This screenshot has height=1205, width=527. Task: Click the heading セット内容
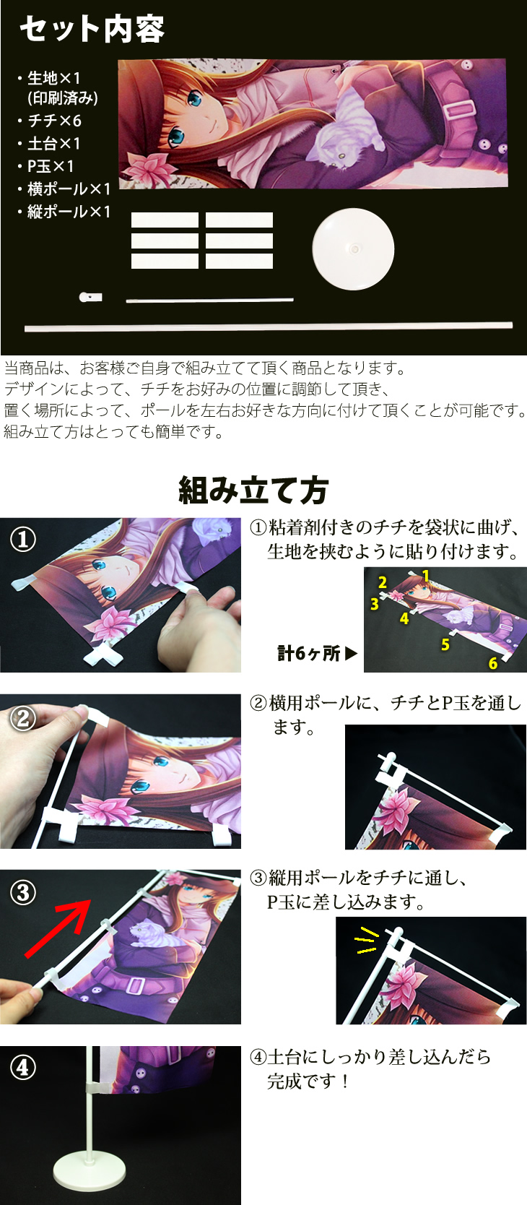tap(92, 29)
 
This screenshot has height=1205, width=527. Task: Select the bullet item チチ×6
tap(54, 121)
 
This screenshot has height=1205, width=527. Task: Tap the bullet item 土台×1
tap(53, 143)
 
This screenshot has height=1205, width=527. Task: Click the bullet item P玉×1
tap(51, 166)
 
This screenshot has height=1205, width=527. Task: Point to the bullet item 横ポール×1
tap(69, 189)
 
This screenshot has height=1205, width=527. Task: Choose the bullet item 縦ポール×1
tap(69, 212)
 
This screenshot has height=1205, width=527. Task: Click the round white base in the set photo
tap(353, 249)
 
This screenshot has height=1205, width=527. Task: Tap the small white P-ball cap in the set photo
tap(90, 297)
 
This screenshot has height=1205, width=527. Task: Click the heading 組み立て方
tap(253, 491)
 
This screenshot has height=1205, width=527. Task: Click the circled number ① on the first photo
tap(23, 539)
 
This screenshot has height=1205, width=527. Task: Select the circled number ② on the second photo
tap(23, 717)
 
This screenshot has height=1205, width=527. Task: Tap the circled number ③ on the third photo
tap(23, 892)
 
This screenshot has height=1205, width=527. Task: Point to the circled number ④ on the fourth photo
tap(23, 1067)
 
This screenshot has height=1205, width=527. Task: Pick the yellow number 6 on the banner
tap(493, 663)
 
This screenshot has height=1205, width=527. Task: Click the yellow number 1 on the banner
tap(426, 576)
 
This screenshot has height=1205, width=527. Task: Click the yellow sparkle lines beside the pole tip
tap(367, 940)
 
